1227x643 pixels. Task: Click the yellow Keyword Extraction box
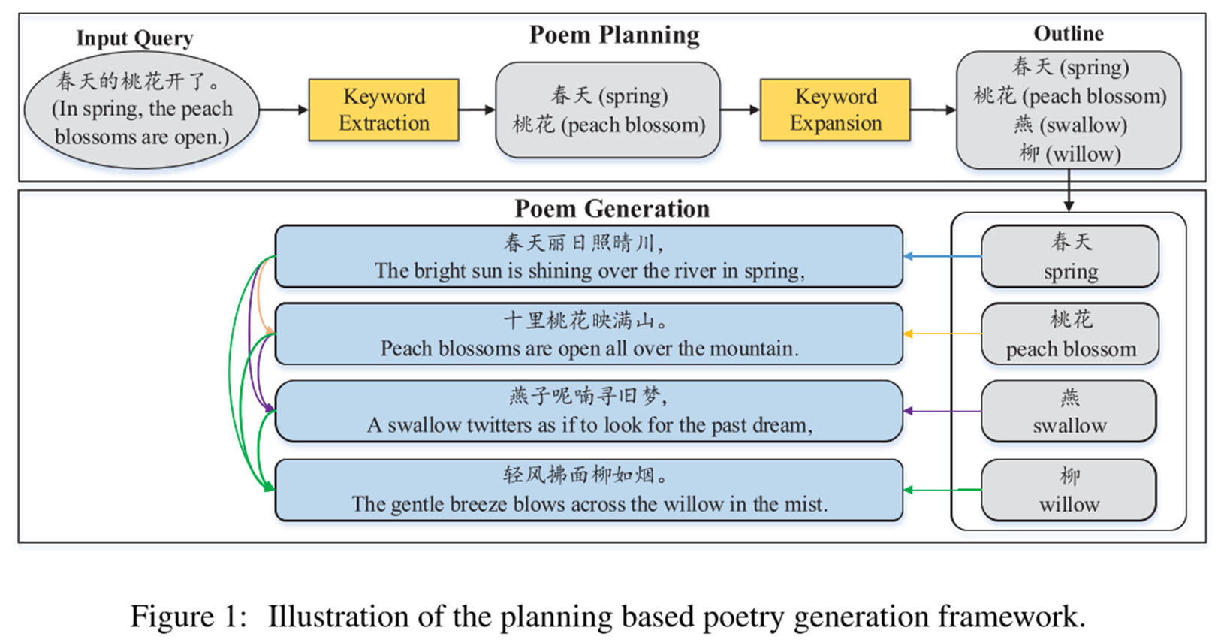384,110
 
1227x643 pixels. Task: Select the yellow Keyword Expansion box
835,110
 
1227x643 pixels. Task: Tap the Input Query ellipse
142,110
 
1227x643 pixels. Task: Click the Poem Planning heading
613,35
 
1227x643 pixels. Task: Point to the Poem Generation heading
612,208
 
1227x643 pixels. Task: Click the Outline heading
1068,33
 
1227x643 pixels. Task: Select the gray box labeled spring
1069,256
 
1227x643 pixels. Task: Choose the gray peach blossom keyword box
1069,334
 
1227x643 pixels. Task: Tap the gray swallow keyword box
1069,411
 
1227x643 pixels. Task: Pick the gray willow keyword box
1069,490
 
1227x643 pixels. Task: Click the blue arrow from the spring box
942,256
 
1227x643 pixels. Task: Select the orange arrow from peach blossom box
942,334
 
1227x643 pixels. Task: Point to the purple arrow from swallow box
942,411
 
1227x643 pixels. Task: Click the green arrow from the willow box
942,490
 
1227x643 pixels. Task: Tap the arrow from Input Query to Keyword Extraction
284,110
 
